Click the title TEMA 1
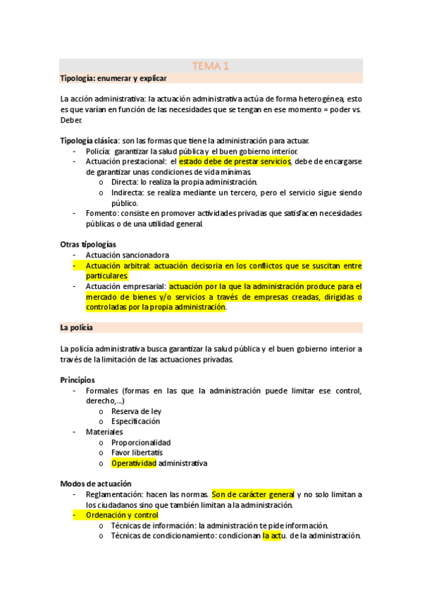211,66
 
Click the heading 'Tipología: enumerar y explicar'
108,78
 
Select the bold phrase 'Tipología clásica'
89,141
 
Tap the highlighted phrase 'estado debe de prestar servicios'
235,161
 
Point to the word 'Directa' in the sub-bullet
125,182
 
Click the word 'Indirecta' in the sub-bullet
128,193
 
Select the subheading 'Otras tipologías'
88,245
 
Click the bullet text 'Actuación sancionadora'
128,255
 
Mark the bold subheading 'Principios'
77,380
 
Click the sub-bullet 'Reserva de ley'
136,411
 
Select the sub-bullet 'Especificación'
135,422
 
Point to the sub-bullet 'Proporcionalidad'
141,443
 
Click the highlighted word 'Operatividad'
133,463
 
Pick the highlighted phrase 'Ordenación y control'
122,515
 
